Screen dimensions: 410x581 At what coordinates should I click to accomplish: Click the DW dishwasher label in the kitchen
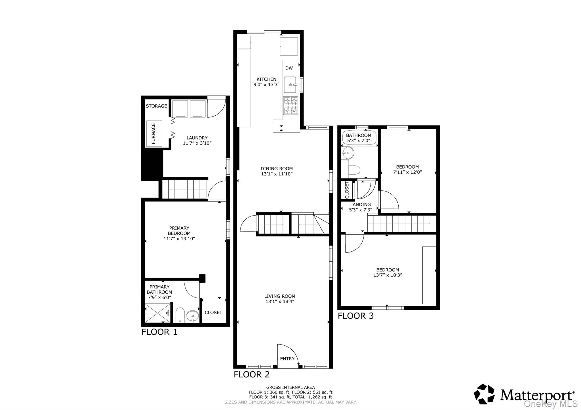289,68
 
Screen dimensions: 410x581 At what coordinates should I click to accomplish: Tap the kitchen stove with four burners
291,105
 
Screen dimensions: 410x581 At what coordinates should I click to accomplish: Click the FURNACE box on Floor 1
154,134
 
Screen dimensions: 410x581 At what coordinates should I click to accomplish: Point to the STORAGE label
156,106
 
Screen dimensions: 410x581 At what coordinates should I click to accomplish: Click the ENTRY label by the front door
287,359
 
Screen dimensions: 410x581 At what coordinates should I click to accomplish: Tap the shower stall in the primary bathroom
158,313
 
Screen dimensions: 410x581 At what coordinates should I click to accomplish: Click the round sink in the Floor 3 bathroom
348,153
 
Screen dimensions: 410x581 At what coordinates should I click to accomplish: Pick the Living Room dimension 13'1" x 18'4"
280,301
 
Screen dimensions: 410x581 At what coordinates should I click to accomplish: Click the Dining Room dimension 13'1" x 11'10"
277,174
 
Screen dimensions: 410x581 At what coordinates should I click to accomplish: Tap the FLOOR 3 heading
355,316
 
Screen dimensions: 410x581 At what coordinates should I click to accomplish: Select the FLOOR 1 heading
159,332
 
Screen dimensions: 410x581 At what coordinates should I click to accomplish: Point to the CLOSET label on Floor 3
347,190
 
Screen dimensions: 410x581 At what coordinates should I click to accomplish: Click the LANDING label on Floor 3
360,205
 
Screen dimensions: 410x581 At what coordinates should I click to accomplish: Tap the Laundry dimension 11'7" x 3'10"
197,143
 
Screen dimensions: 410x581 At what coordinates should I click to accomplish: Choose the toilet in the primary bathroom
180,315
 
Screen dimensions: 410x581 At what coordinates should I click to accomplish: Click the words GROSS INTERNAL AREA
290,387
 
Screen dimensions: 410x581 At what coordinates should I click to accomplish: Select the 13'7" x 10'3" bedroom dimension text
388,275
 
